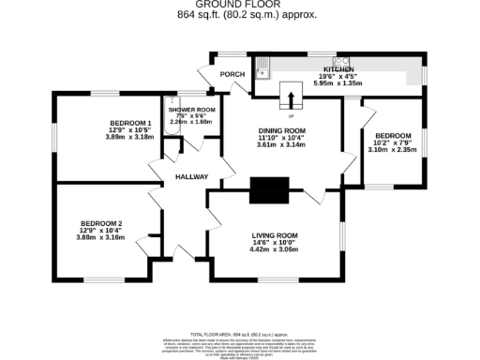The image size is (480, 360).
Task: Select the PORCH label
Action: pyautogui.click(x=232, y=74)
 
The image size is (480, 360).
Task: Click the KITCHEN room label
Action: pyautogui.click(x=338, y=69)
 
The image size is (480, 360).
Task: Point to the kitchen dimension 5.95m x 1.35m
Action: pyautogui.click(x=337, y=82)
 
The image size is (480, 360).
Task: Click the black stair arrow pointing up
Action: pyautogui.click(x=291, y=97)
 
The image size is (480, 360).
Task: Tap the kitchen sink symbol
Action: pyautogui.click(x=265, y=66)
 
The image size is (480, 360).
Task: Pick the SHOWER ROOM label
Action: pyautogui.click(x=192, y=109)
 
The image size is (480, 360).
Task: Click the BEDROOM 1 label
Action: pyautogui.click(x=129, y=123)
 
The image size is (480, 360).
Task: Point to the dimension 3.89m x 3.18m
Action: pyautogui.click(x=129, y=137)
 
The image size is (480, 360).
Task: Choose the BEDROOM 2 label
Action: pyautogui.click(x=101, y=222)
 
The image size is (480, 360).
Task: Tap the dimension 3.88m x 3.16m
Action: pyautogui.click(x=101, y=237)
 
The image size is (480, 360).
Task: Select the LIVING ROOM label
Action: pyautogui.click(x=275, y=235)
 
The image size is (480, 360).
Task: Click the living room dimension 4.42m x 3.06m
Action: pyautogui.click(x=275, y=250)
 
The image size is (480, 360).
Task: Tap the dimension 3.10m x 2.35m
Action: pyautogui.click(x=393, y=149)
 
